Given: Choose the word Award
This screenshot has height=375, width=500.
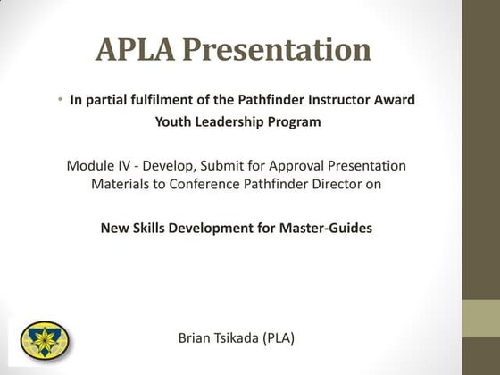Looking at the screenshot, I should [x=395, y=100].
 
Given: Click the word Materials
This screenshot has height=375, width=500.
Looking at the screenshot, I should [x=121, y=185].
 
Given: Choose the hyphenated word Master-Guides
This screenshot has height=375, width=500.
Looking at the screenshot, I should [x=327, y=228].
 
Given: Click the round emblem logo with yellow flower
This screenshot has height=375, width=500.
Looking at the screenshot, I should [x=44, y=338].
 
